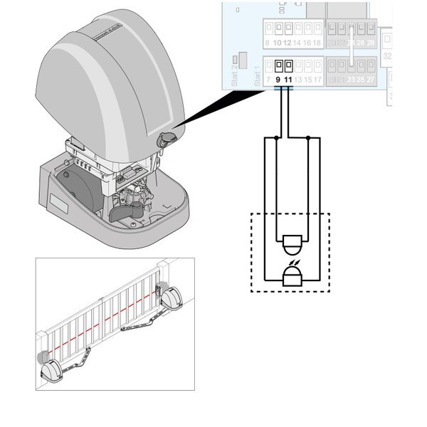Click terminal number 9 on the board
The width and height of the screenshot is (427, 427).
(x=278, y=80)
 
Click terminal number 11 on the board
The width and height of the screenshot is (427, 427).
(x=288, y=80)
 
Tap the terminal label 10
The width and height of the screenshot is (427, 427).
(x=278, y=43)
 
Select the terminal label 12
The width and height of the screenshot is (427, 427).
(x=288, y=43)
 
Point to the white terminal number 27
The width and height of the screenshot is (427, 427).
(x=370, y=80)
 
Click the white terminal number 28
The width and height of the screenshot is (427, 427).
(x=370, y=43)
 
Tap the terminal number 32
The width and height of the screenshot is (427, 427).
(x=388, y=55)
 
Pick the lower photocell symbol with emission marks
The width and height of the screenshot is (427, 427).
(x=292, y=275)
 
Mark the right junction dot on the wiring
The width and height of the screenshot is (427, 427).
(x=307, y=137)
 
